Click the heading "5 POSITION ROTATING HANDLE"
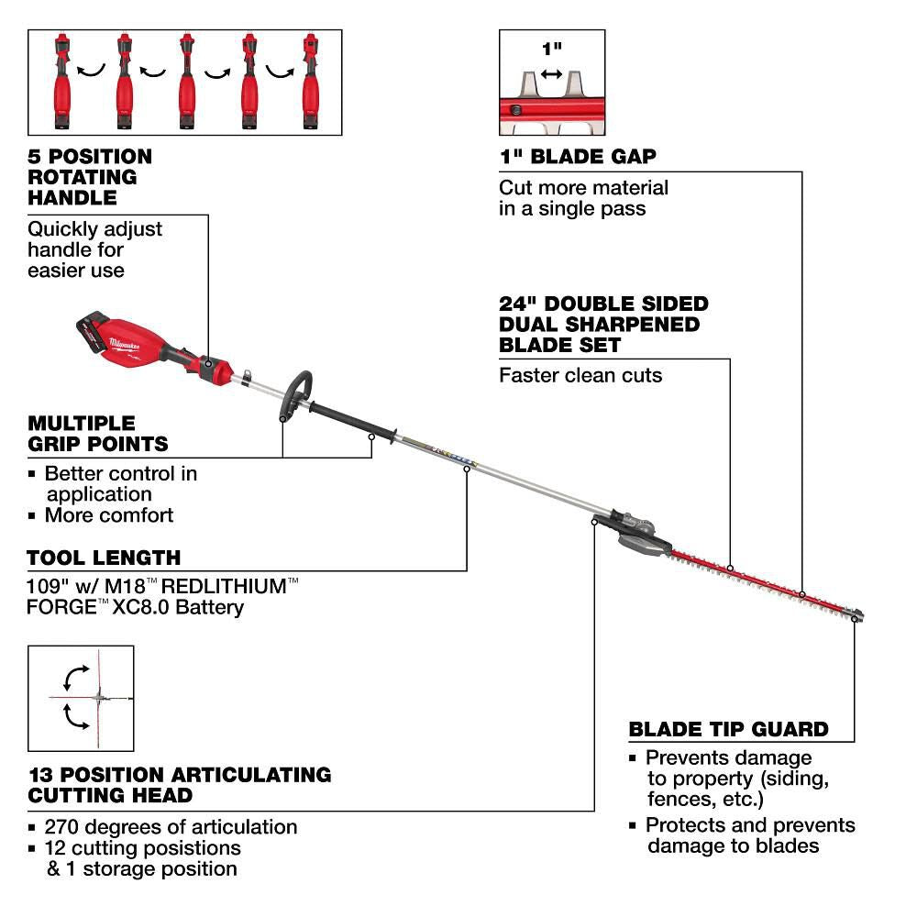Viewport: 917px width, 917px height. tap(90, 177)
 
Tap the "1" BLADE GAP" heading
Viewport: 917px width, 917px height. tap(578, 157)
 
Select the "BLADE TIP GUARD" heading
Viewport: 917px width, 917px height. tap(728, 730)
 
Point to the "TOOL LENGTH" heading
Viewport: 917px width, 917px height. tap(104, 558)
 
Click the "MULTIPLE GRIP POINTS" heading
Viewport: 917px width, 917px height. tap(98, 434)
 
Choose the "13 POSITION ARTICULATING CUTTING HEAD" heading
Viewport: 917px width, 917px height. tap(179, 784)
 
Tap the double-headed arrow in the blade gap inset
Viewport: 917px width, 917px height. tap(551, 73)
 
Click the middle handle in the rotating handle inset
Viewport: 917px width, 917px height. tap(187, 83)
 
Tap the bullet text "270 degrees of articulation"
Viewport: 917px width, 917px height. tap(171, 827)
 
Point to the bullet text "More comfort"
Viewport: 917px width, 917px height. tap(108, 515)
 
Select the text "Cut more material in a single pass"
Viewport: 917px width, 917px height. tap(583, 198)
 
